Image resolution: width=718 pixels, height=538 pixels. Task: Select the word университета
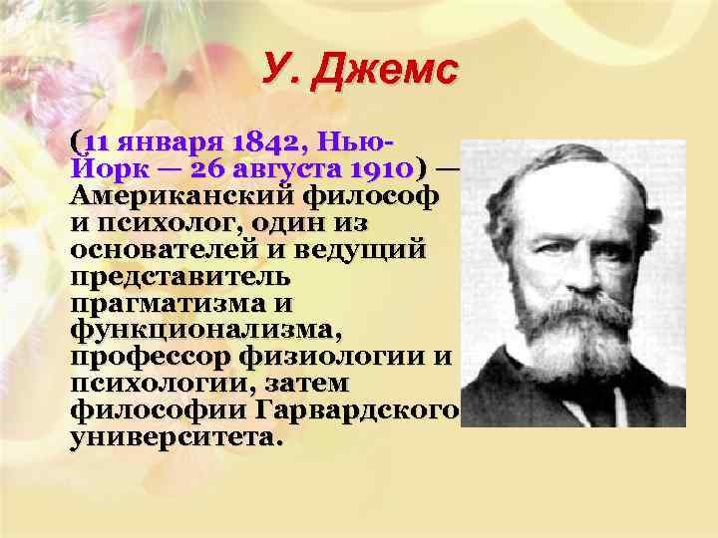(178, 436)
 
